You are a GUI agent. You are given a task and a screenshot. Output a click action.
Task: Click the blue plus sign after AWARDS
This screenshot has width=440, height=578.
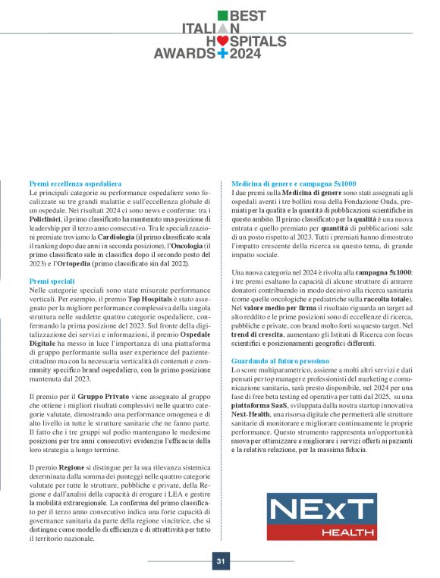222,55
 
